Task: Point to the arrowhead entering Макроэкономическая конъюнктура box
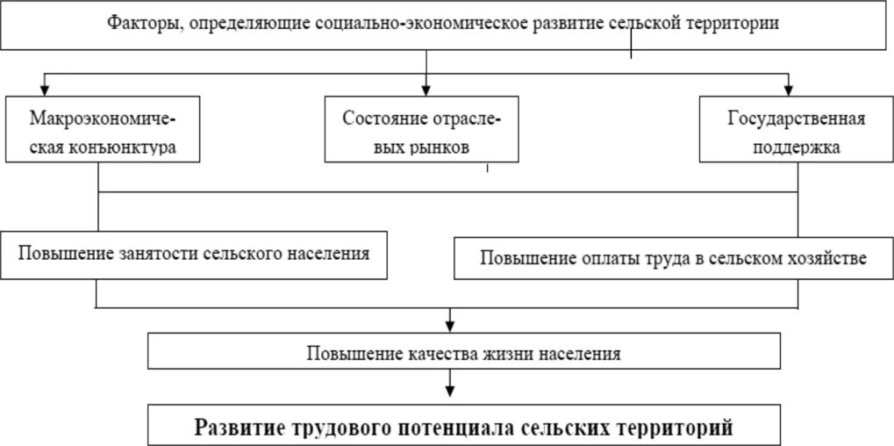[41, 88]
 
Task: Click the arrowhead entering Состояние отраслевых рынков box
[426, 88]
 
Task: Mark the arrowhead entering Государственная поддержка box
[788, 88]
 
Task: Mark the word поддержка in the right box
[797, 147]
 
